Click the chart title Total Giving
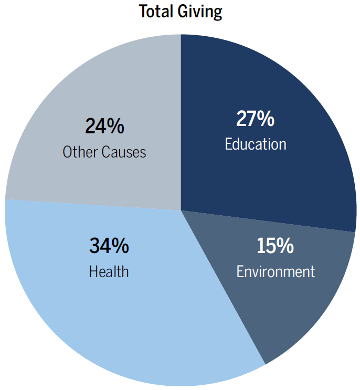[180, 11]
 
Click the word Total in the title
[155, 11]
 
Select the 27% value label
[255, 119]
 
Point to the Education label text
[256, 144]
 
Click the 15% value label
[275, 246]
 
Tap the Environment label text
[276, 271]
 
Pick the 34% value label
[109, 246]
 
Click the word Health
[109, 271]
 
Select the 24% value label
[104, 127]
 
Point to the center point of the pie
[181, 210]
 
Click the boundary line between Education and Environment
[268, 221]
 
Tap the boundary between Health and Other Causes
[94, 205]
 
